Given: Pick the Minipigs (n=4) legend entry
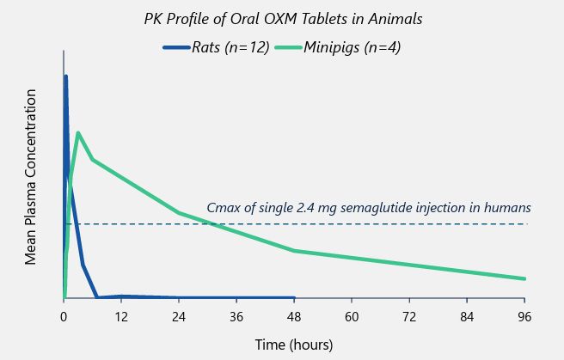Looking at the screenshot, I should [x=352, y=47].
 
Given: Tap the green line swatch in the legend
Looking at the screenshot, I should [x=288, y=48].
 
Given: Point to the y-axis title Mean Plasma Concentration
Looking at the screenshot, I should [x=31, y=175].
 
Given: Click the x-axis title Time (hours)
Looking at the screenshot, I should [x=293, y=344].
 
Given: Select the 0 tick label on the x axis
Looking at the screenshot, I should [x=64, y=316].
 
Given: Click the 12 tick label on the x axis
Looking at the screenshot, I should [x=121, y=316].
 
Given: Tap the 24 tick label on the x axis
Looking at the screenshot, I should [x=179, y=316].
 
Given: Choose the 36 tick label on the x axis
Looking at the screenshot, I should [x=236, y=316].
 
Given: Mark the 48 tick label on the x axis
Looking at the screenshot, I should [x=294, y=316].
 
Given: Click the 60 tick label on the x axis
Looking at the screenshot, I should [x=352, y=316].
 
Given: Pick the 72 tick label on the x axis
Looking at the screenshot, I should [x=409, y=316].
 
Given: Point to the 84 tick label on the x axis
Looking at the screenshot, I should [x=467, y=316].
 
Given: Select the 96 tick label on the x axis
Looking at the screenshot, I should [x=524, y=316].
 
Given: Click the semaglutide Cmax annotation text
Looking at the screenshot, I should [x=369, y=207].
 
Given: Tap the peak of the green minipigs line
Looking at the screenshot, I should [x=78, y=132].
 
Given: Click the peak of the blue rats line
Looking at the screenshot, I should [x=65, y=76].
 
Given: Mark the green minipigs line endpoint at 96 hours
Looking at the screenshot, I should [x=524, y=278].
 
